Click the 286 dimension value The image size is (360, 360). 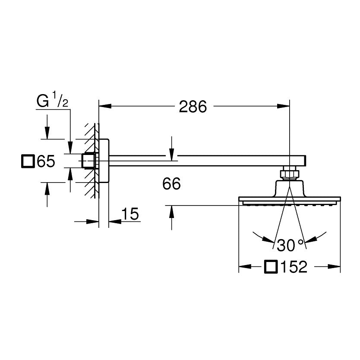193,106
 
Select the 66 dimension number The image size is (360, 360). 171,184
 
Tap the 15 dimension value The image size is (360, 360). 129,214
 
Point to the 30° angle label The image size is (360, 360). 290,245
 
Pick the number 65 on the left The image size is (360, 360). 46,162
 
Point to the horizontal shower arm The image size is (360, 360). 199,160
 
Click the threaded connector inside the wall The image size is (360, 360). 89,161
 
